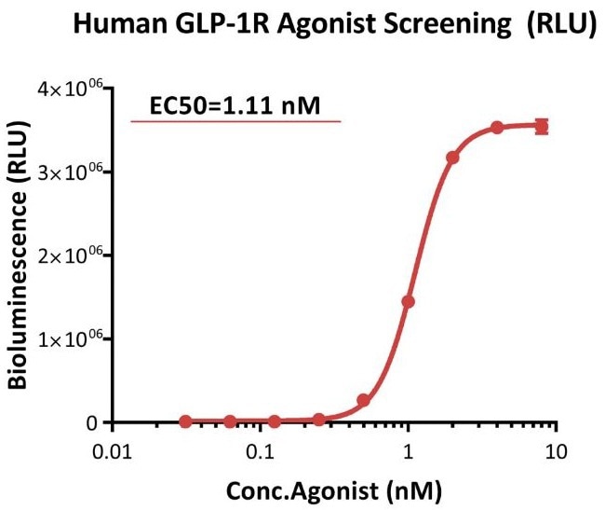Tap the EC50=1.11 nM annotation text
[236, 106]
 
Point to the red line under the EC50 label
[236, 122]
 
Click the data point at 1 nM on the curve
[408, 301]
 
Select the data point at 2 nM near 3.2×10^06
[452, 158]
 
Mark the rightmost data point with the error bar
[542, 127]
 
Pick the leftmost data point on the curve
[185, 421]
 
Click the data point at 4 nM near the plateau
[497, 128]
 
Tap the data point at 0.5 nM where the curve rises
[363, 400]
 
